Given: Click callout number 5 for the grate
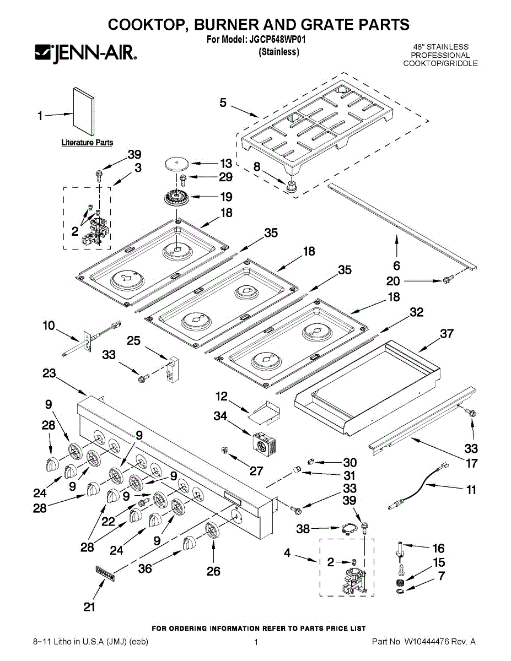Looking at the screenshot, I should tap(223, 102).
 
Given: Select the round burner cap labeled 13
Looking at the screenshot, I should tap(175, 163).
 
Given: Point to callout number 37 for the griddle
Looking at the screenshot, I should tap(447, 334).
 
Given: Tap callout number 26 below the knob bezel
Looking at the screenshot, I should tap(213, 571).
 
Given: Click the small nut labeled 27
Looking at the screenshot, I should tap(224, 451).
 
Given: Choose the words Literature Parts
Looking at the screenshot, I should tap(87, 143).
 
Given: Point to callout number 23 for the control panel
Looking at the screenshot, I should tap(50, 373).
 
